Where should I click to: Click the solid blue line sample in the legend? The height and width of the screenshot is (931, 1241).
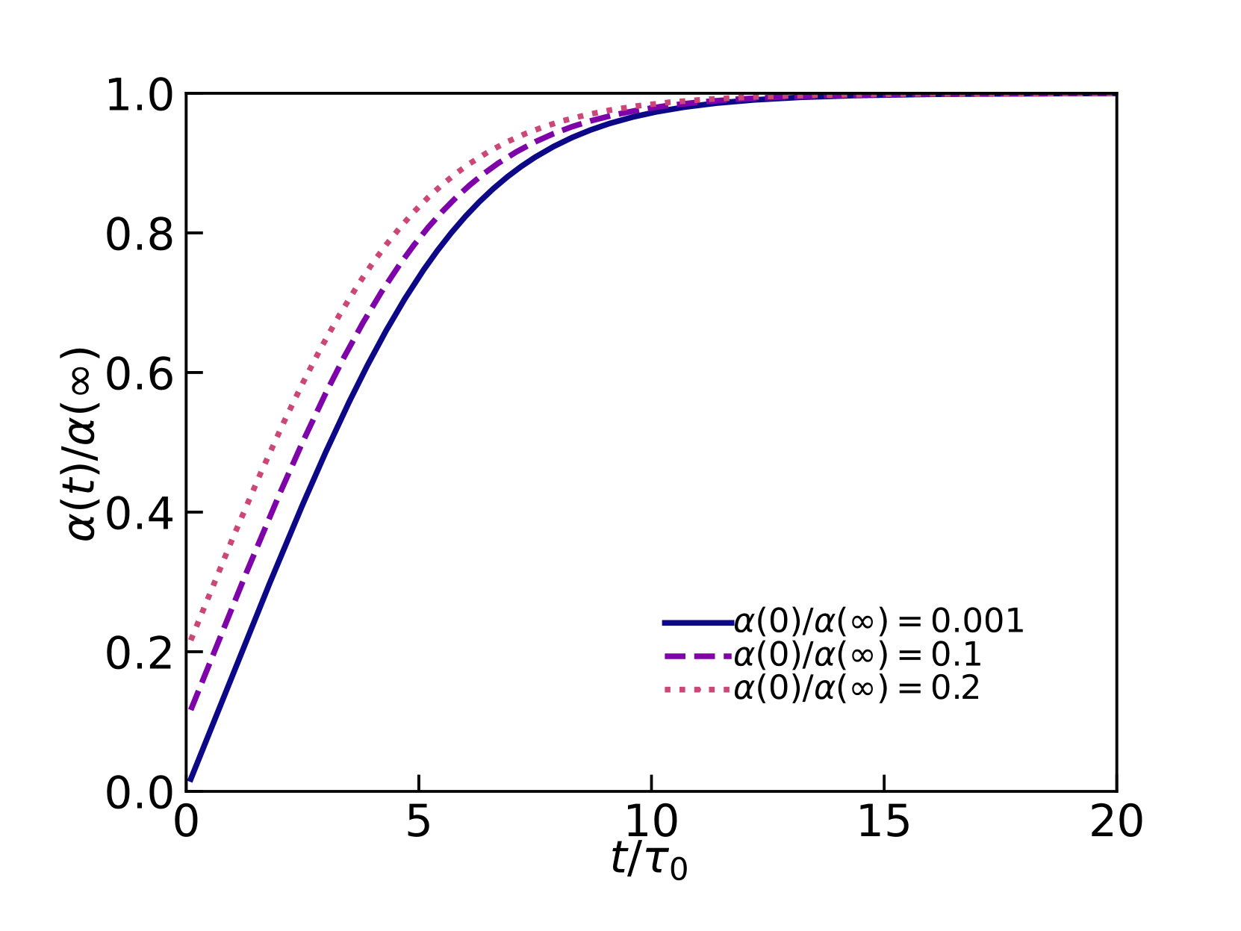[x=697, y=623]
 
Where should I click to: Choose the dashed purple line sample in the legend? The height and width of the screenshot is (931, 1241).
[x=697, y=656]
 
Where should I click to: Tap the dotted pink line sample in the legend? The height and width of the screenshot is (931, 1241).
[x=697, y=689]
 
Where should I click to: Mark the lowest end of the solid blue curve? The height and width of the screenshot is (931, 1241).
[x=191, y=779]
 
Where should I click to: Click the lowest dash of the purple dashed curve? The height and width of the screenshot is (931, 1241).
[x=193, y=702]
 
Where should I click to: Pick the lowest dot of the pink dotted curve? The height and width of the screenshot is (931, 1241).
[x=192, y=638]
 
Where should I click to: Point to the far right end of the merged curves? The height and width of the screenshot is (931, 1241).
[x=1113, y=96]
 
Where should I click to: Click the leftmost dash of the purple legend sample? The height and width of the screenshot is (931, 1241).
[x=675, y=656]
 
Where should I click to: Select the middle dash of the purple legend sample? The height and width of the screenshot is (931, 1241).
[x=704, y=656]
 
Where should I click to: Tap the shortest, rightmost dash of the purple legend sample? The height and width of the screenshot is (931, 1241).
[x=727, y=656]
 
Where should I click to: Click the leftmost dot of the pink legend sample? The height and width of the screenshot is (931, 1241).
[x=668, y=689]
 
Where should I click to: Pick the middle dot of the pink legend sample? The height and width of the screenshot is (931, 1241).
[x=697, y=689]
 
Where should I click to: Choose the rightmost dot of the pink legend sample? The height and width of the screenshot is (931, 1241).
[x=727, y=689]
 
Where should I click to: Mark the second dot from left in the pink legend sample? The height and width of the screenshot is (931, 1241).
[x=682, y=689]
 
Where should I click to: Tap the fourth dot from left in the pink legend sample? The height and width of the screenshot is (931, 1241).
[x=712, y=689]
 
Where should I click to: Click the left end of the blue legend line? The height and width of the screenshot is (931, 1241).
[x=664, y=623]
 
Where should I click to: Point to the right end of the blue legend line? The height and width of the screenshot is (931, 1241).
[x=733, y=623]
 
